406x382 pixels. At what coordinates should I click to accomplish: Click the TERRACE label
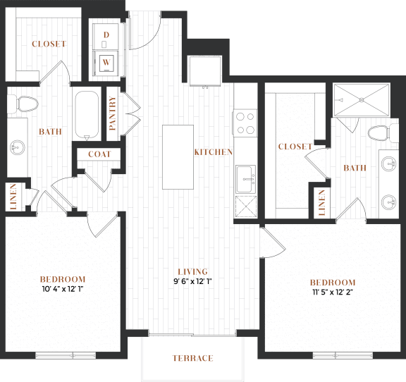pos(193,358)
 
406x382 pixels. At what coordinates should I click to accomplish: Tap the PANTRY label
pos(112,113)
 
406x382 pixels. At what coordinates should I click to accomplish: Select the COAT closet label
pos(99,154)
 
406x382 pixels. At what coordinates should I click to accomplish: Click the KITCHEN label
pos(214,152)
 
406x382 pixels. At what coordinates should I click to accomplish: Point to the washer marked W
pos(106,63)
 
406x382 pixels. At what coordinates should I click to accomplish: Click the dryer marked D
pos(106,37)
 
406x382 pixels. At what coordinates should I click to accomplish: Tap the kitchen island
pos(178,157)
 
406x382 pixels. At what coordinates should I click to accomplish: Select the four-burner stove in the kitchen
pos(245,123)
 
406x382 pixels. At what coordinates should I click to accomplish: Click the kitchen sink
pos(246,179)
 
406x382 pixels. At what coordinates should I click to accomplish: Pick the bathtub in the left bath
pos(87,116)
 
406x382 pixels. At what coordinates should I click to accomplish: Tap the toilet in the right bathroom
pos(383,133)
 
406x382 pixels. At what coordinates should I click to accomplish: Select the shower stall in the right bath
pos(362,99)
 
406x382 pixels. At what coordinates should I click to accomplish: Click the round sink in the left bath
pos(18,147)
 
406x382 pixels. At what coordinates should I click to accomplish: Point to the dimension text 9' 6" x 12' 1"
pos(193,281)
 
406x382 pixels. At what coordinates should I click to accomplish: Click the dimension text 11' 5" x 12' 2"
pos(333,292)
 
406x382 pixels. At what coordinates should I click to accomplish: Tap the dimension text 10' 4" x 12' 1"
pos(63,289)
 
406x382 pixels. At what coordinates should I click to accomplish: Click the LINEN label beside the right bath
pos(322,203)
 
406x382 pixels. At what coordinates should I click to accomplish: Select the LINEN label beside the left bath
pos(13,197)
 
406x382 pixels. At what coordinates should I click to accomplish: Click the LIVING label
pos(193,271)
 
